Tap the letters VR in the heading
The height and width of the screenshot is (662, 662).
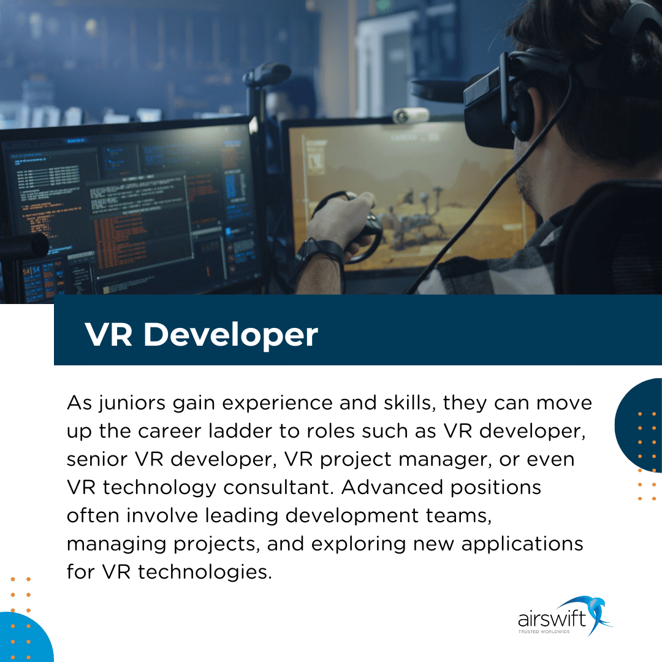108,335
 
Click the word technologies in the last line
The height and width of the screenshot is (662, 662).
204,572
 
